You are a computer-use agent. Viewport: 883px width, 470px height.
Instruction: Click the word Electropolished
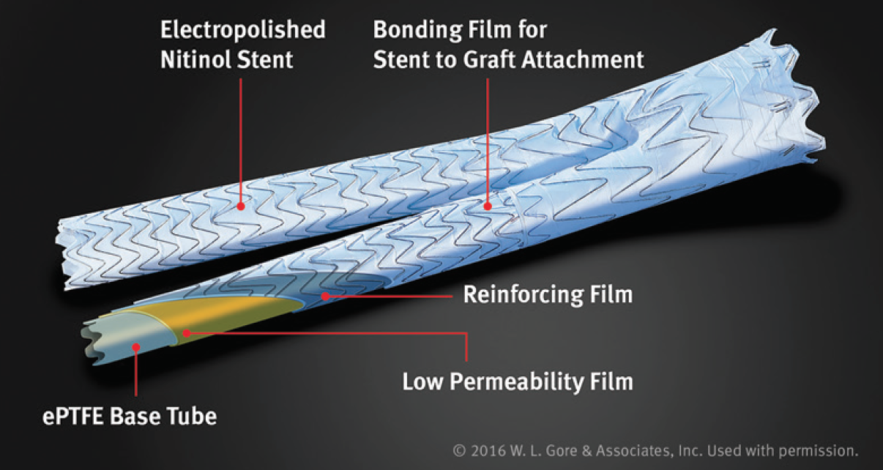[243, 31]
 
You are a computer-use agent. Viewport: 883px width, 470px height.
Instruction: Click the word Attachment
[583, 59]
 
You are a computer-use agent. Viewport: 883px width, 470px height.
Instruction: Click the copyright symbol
[459, 450]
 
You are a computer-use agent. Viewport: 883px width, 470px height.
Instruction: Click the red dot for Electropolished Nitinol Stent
[241, 206]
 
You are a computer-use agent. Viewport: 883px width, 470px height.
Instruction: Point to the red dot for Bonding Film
[488, 206]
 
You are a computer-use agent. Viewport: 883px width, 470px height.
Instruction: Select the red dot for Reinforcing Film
[325, 296]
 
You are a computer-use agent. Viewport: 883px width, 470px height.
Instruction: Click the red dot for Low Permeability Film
[187, 333]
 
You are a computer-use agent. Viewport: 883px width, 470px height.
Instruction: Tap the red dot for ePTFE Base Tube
[136, 347]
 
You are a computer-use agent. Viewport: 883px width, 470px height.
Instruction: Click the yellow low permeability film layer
[221, 316]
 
